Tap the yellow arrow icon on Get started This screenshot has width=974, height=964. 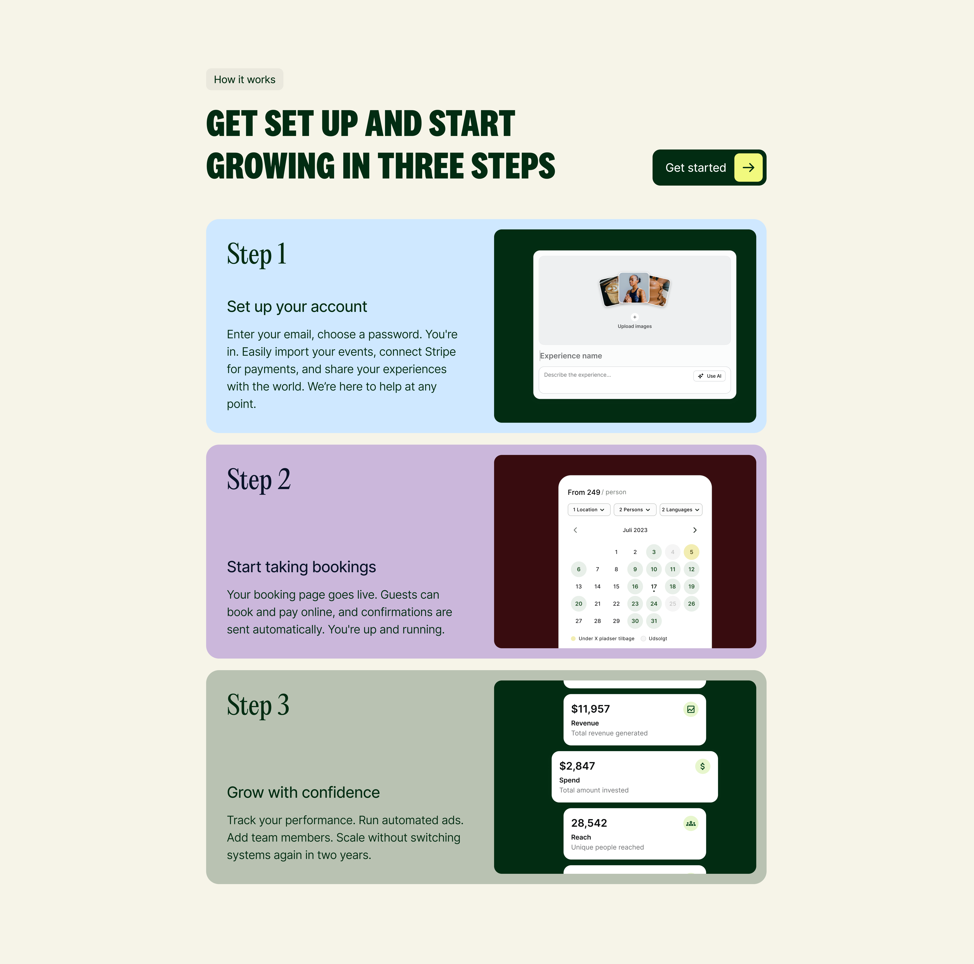[748, 167]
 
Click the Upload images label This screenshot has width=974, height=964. [635, 326]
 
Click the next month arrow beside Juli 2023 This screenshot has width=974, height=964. [695, 530]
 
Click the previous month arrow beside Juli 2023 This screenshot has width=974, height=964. [575, 530]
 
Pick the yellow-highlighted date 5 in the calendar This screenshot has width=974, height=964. [691, 552]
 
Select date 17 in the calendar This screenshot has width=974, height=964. [654, 586]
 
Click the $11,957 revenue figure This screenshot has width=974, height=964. [590, 709]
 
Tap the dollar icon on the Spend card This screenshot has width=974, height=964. [702, 766]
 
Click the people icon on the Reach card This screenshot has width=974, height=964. [691, 823]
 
